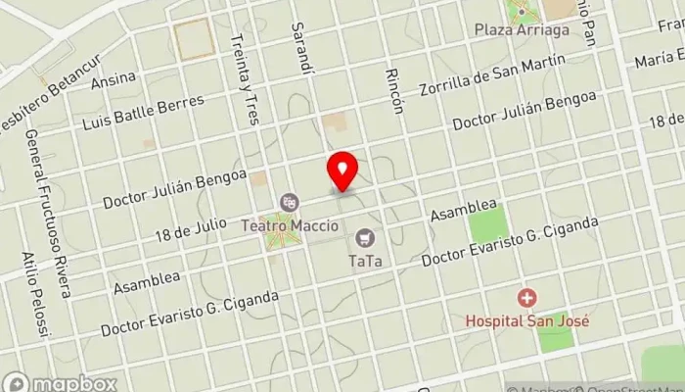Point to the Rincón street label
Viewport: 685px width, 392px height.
pyautogui.click(x=394, y=90)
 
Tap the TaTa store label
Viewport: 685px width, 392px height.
pyautogui.click(x=365, y=261)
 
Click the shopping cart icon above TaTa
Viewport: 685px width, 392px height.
pyautogui.click(x=365, y=237)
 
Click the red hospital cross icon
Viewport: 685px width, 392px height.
pyautogui.click(x=527, y=297)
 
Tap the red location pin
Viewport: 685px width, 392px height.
pyautogui.click(x=342, y=171)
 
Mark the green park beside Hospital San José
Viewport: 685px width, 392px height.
pyautogui.click(x=555, y=334)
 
